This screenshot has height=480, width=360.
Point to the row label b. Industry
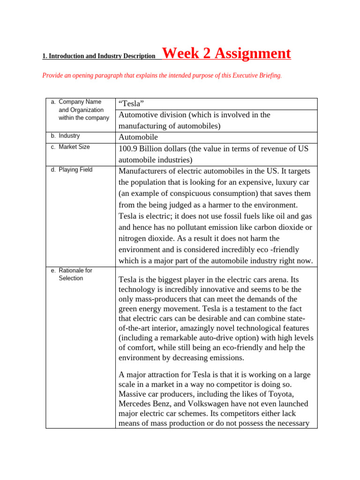[x=66, y=135]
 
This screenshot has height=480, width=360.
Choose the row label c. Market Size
[x=70, y=147]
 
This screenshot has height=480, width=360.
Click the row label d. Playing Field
[x=72, y=170]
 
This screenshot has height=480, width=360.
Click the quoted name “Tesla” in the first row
[x=131, y=104]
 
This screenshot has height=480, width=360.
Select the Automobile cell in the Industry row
[x=138, y=137]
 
